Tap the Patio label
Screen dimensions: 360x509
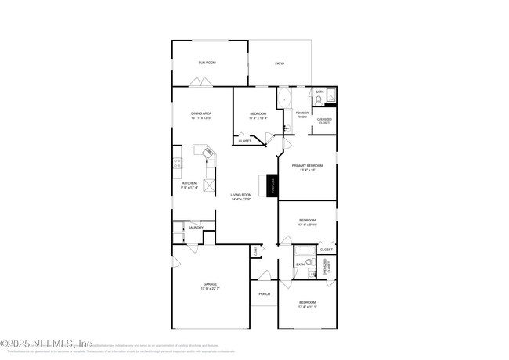tap(279, 63)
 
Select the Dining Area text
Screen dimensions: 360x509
tap(201, 113)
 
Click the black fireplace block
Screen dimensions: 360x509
tap(273, 186)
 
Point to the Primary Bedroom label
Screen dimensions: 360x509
tap(307, 166)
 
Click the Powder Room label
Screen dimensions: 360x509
tap(302, 115)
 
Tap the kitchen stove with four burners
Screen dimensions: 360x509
tap(178, 164)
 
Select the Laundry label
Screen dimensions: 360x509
tap(196, 228)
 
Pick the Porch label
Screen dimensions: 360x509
tap(265, 294)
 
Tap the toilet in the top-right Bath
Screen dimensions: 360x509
tap(319, 99)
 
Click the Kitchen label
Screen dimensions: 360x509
tap(179, 183)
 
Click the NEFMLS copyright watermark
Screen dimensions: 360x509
tap(47, 343)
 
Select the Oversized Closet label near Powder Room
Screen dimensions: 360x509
tap(323, 121)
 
